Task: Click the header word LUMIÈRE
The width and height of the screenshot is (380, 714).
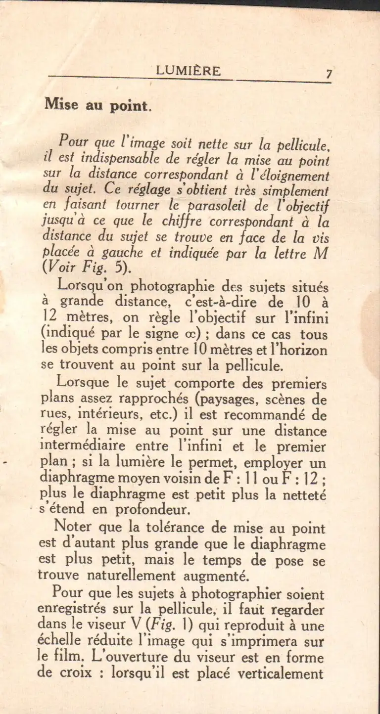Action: [x=189, y=71]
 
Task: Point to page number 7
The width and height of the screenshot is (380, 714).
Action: [x=329, y=74]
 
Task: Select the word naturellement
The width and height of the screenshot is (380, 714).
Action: [x=127, y=576]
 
